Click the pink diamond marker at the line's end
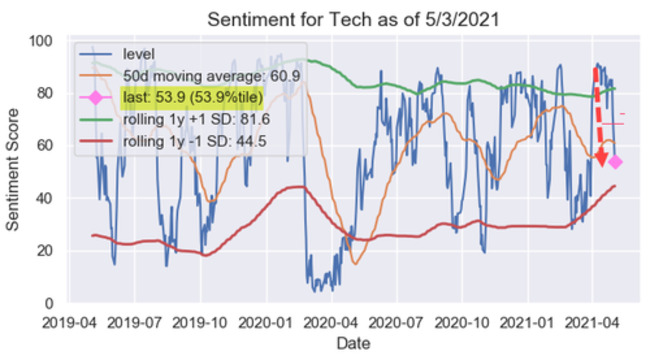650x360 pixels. pyautogui.click(x=615, y=161)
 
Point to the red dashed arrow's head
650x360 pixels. pyautogui.click(x=601, y=159)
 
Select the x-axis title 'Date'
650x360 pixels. pyautogui.click(x=352, y=343)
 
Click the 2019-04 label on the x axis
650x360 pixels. pyautogui.click(x=69, y=322)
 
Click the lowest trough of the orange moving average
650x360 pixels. pyautogui.click(x=355, y=263)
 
